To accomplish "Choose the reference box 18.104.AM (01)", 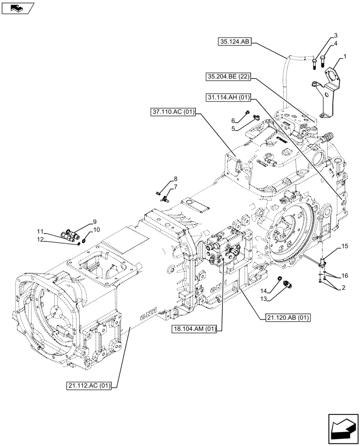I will [195, 329].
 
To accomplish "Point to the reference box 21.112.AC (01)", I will [93, 385].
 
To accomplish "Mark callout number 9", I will [94, 222].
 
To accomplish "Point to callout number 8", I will [176, 179].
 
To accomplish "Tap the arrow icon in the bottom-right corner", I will [343, 429].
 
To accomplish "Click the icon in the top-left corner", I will [17, 8].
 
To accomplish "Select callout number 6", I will [233, 120].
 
